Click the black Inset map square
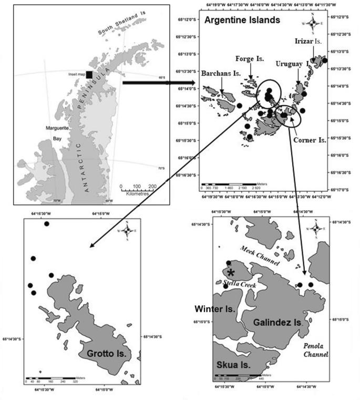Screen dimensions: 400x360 pos(90,75)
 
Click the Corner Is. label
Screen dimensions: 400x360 pos(310,140)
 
